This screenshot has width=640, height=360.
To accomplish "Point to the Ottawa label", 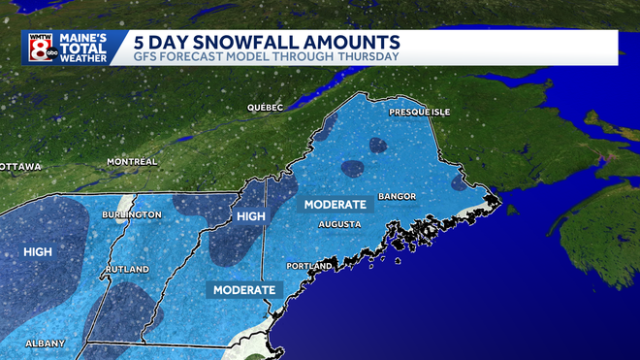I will (20, 167).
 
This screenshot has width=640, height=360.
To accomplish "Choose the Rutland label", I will (127, 269).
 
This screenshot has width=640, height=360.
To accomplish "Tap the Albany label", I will (46, 344).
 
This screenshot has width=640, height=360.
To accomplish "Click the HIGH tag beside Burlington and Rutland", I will (38, 252).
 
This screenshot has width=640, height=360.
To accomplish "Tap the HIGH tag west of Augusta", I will (250, 215).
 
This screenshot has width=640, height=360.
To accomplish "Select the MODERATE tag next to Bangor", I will (335, 205).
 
